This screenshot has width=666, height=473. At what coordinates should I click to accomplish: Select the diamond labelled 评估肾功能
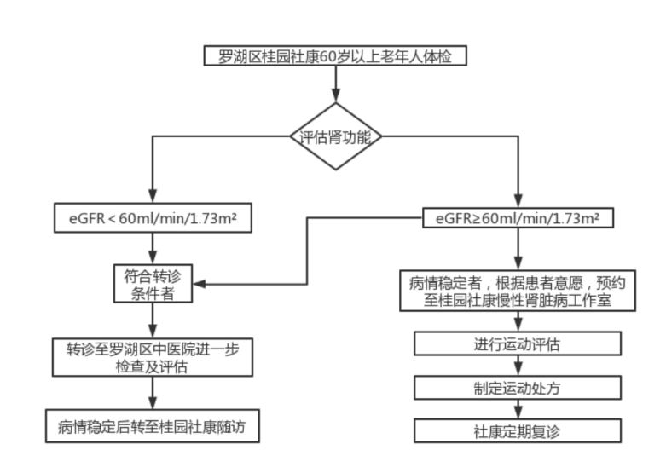pos(334,136)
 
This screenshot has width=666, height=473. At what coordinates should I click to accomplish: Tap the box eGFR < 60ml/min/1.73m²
pos(153,218)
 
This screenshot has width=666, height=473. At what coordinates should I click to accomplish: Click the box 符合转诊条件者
pos(153,284)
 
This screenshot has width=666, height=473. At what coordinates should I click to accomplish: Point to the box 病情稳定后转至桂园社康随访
pos(153,426)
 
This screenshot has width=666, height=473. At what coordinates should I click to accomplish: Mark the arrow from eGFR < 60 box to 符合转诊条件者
pos(153,248)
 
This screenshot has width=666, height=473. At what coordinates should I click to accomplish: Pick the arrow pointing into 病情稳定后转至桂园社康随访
pos(153,393)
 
